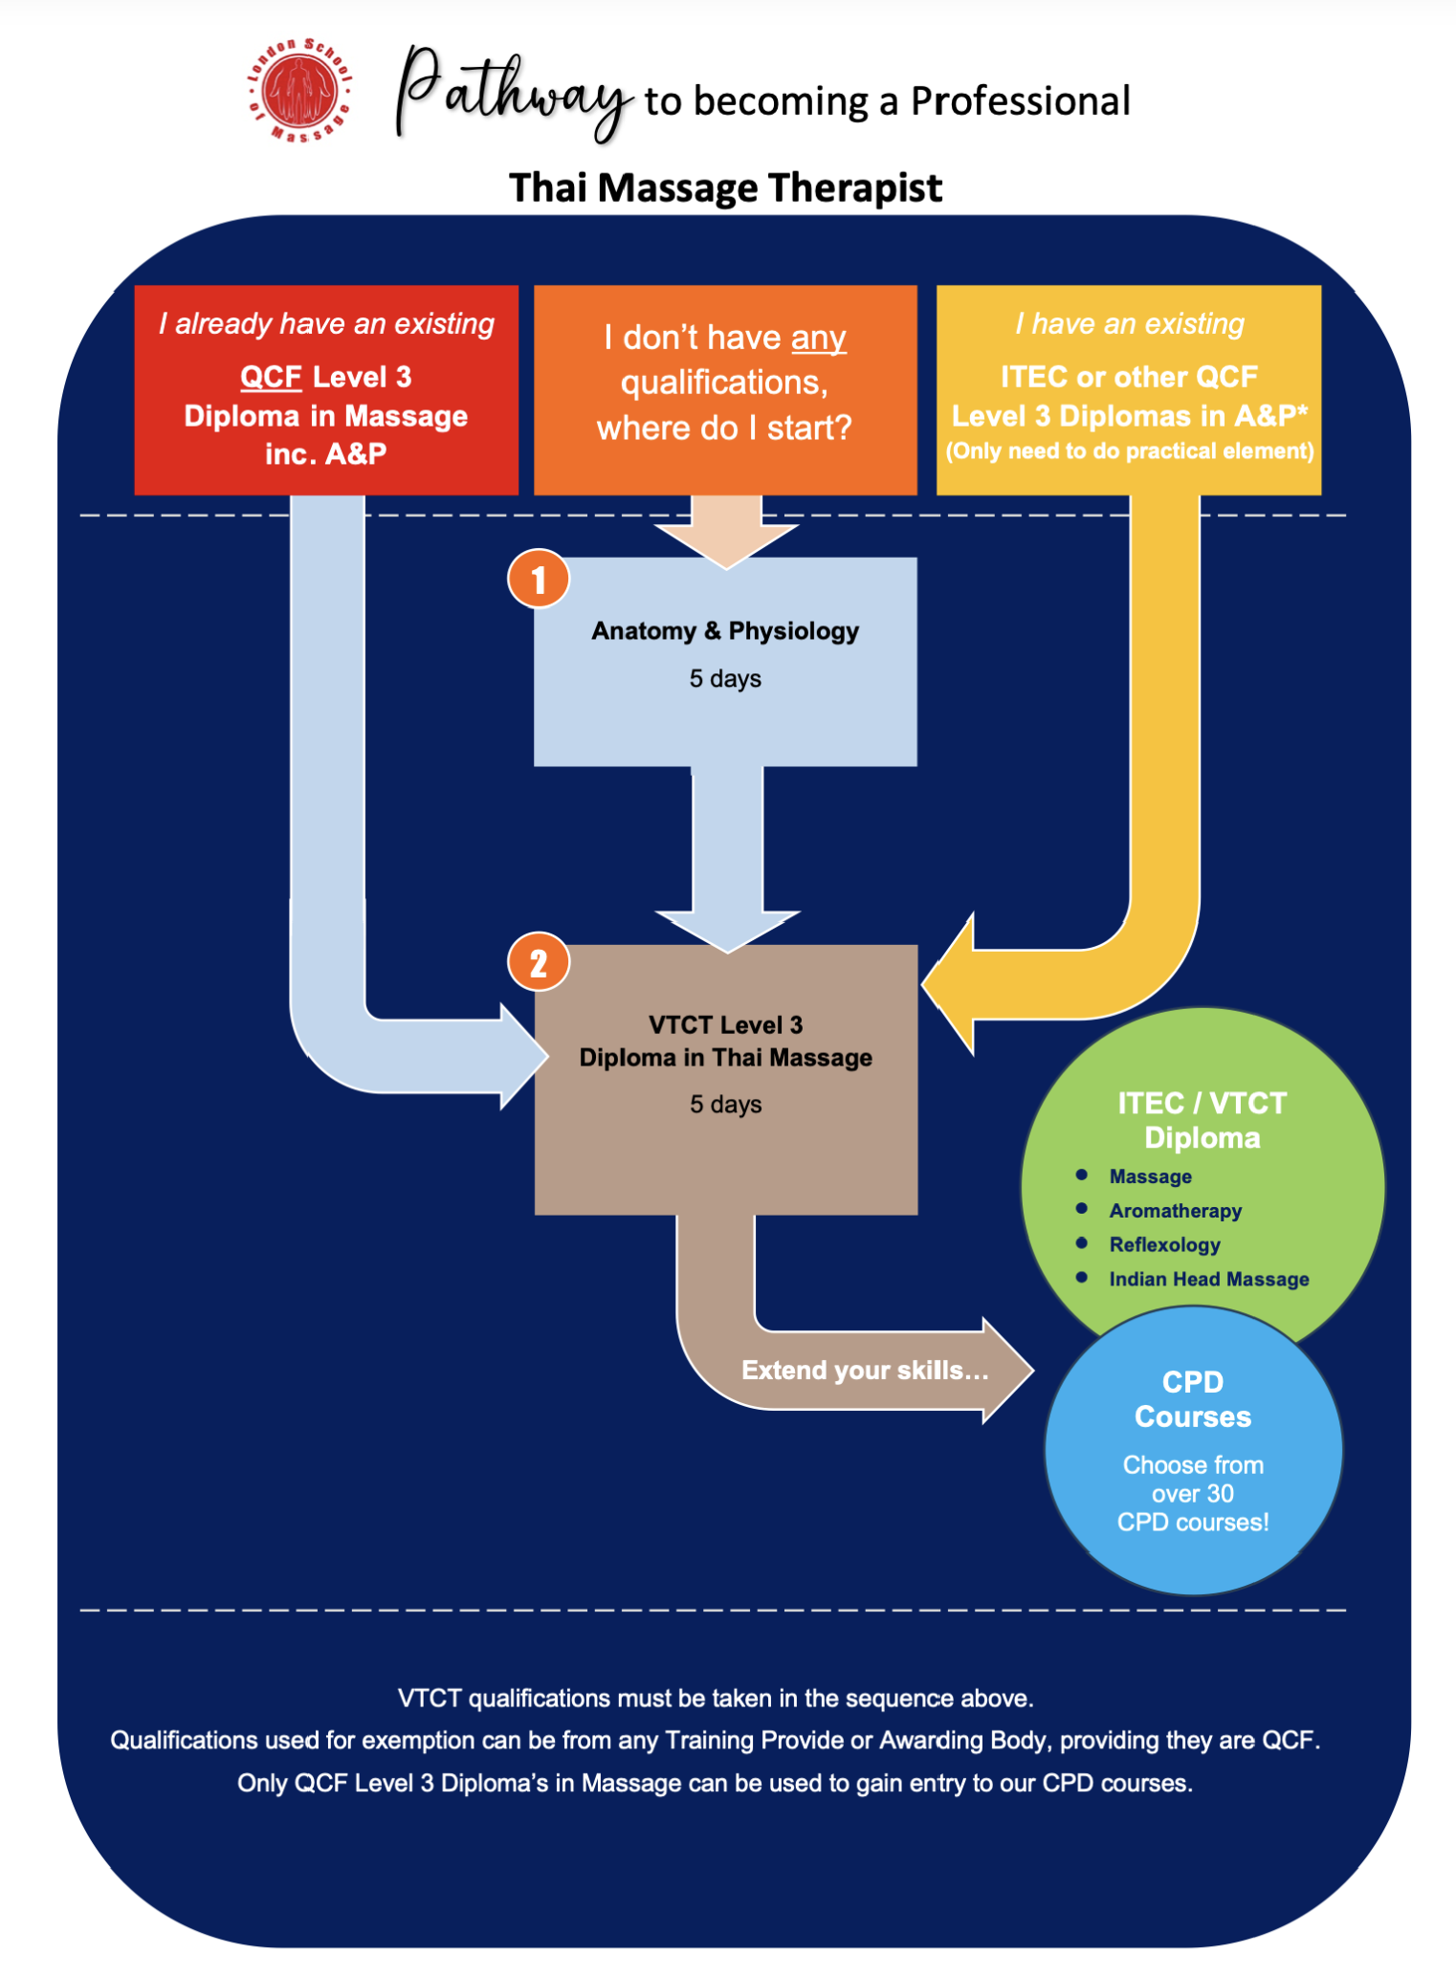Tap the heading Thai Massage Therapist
(x=725, y=187)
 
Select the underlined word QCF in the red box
(x=271, y=377)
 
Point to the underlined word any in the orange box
(x=818, y=339)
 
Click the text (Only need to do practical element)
(x=1129, y=450)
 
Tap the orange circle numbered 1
(x=539, y=579)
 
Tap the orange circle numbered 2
(x=539, y=962)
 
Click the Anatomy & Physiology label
(x=725, y=631)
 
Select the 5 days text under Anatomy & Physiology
(x=725, y=679)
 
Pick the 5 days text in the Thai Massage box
(x=725, y=1105)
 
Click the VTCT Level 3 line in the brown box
(x=725, y=1025)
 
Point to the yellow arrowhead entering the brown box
(x=948, y=984)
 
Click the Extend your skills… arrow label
(x=865, y=1371)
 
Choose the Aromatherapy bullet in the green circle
(x=1175, y=1211)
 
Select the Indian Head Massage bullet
(x=1208, y=1279)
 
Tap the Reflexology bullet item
(x=1164, y=1245)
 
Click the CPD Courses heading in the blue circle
(x=1192, y=1399)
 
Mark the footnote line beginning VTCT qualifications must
(x=716, y=1699)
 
